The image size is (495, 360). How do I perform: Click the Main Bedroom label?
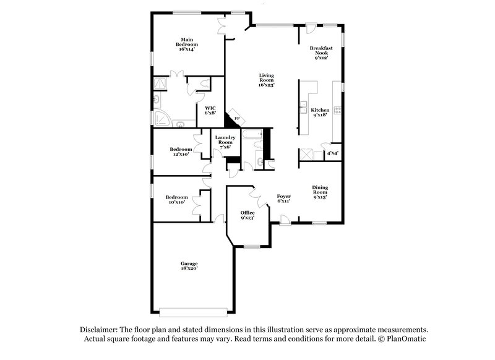[x=187, y=44]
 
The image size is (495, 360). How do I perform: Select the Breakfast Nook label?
[x=321, y=53]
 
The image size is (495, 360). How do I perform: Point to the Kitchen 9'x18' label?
[x=320, y=113]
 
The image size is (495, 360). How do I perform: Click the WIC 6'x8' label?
[x=210, y=110]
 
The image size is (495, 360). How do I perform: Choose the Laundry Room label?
[x=224, y=142]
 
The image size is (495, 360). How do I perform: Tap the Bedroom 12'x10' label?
[x=181, y=151]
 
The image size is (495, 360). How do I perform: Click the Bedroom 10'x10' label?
[x=176, y=199]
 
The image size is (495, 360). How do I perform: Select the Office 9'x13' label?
[x=247, y=215]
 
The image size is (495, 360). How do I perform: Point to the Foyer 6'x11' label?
[x=284, y=199]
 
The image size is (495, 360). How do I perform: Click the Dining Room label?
[x=320, y=192]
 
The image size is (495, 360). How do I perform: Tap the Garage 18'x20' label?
[x=189, y=267]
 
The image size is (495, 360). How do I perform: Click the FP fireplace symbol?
[x=236, y=118]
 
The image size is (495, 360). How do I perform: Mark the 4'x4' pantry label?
[x=333, y=152]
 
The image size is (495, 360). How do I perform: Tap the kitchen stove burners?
[x=337, y=111]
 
